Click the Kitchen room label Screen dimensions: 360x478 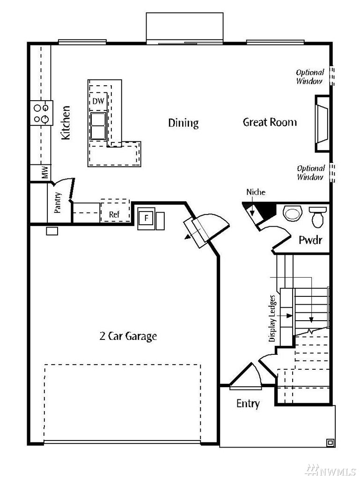point(66,123)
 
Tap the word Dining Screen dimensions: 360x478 point(184,123)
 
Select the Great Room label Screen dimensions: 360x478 point(270,122)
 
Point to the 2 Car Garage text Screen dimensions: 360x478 point(128,336)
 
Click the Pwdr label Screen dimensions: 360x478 point(310,240)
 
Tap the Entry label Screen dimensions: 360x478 point(248,404)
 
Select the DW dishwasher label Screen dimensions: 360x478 point(98,101)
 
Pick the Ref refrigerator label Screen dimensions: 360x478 point(114,214)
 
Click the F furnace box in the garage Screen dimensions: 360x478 point(146,218)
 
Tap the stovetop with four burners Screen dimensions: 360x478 point(42,113)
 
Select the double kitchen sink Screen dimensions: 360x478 point(98,125)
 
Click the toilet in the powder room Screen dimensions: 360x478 point(317,217)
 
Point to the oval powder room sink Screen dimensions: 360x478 point(292,213)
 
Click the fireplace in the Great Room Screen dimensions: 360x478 point(323,124)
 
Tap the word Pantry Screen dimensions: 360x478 point(58,202)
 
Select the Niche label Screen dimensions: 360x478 point(256,192)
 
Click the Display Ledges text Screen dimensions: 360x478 point(272,318)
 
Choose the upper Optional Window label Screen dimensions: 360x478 point(310,76)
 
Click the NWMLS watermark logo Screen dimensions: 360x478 point(331,470)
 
